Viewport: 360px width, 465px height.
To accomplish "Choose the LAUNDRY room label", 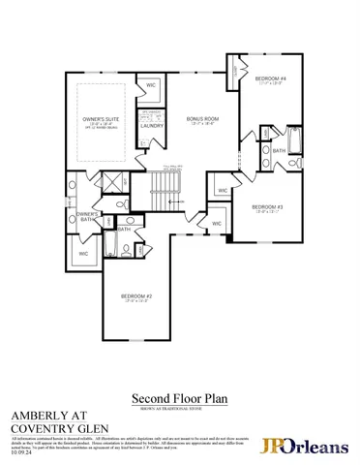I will tap(152, 126).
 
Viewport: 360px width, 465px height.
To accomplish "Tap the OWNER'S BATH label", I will tap(88, 216).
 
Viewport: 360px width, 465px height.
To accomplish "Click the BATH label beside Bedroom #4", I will tap(278, 151).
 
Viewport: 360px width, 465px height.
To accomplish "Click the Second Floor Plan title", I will tap(179, 398).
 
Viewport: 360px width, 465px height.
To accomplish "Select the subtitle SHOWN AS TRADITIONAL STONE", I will tap(179, 408).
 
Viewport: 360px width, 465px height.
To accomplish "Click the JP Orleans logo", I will tap(303, 445).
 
